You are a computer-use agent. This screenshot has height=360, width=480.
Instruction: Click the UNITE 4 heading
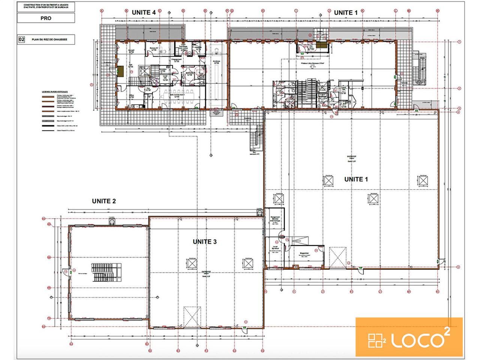[x=144, y=12]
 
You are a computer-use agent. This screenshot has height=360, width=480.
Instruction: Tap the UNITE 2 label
[x=104, y=201]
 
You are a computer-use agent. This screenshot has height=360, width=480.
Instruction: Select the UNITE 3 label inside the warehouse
[x=205, y=242]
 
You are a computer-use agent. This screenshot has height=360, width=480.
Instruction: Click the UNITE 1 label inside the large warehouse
[x=356, y=179]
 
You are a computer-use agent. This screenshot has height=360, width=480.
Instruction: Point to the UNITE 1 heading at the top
[x=346, y=12]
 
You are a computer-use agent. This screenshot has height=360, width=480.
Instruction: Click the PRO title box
[x=46, y=18]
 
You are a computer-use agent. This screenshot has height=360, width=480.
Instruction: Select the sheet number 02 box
[x=22, y=39]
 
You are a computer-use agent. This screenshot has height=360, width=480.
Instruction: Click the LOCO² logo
[x=409, y=336]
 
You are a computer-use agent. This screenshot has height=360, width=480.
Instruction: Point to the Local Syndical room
[x=274, y=249]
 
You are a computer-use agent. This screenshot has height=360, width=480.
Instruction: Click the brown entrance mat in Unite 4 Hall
[x=121, y=71]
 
